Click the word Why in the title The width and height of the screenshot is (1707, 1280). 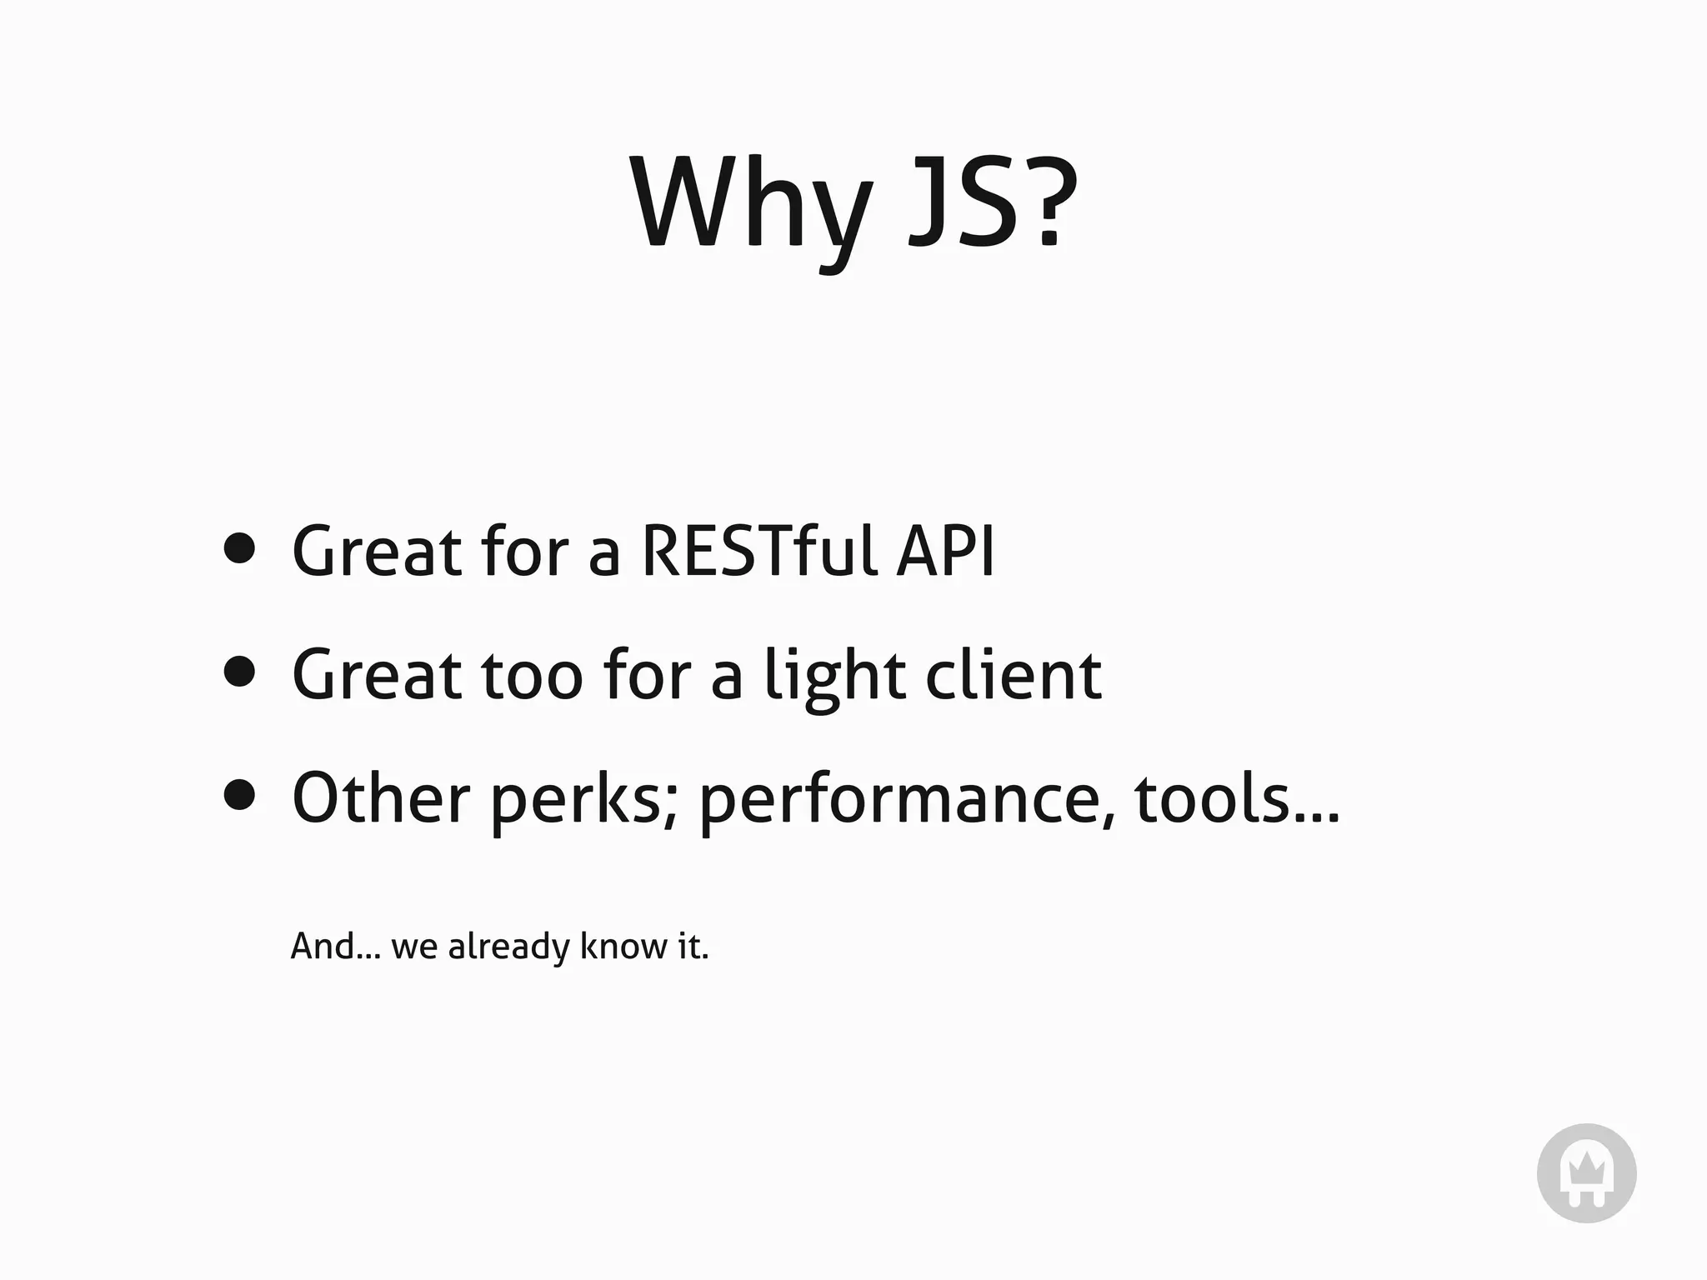tap(750, 204)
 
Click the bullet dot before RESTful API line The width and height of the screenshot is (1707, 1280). tap(240, 548)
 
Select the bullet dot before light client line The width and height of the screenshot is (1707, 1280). tap(240, 671)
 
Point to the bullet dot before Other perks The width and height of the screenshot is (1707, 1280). tap(240, 794)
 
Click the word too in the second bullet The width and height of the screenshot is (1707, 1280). tap(532, 675)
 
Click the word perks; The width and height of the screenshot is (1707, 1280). tap(583, 800)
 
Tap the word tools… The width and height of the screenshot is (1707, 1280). tap(1237, 797)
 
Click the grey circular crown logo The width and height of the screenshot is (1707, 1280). tap(1586, 1173)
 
